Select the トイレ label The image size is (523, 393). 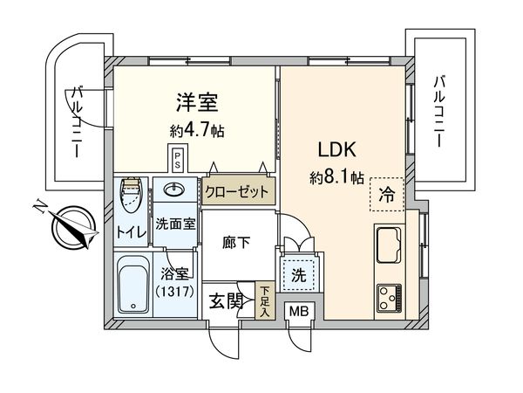[x=132, y=233]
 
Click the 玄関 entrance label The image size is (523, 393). [x=226, y=302]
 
